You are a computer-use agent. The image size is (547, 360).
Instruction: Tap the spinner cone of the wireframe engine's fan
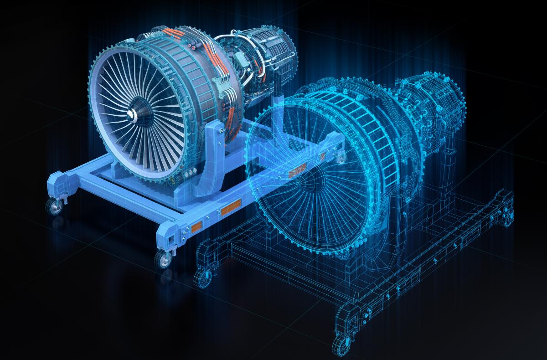[x=312, y=178]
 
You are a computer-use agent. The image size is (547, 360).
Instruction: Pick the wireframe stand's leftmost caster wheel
[x=200, y=277]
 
